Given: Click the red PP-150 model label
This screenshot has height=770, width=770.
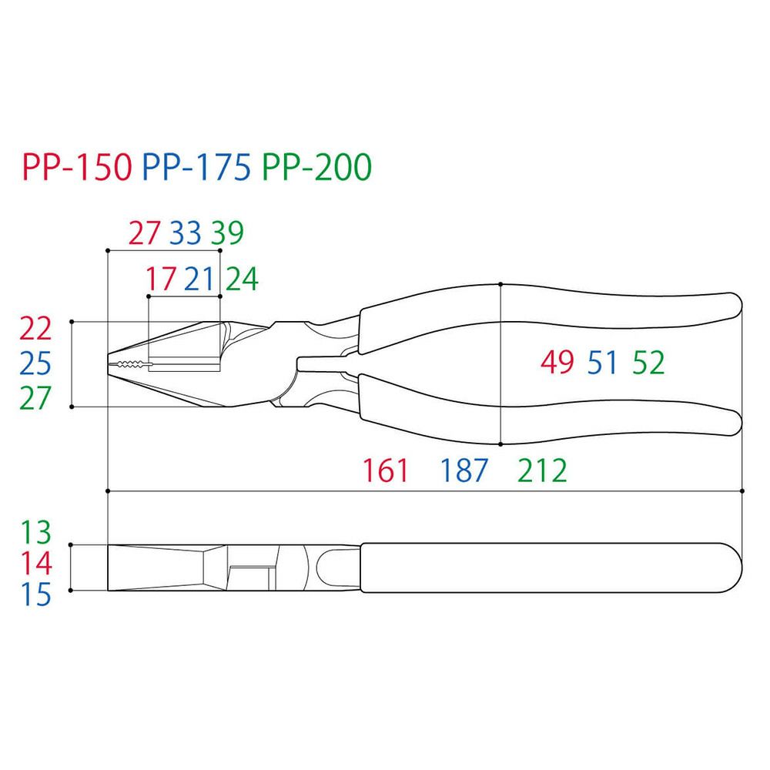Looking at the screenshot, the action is pyautogui.click(x=77, y=167).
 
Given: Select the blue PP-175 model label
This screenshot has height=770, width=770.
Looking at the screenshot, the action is pyautogui.click(x=196, y=167).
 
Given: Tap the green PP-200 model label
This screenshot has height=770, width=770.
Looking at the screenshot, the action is pyautogui.click(x=316, y=167).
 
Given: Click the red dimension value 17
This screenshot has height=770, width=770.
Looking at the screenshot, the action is pyautogui.click(x=161, y=279).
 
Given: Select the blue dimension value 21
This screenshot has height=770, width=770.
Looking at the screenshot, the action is pyautogui.click(x=199, y=279).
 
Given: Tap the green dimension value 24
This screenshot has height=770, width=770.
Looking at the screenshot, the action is pyautogui.click(x=242, y=279).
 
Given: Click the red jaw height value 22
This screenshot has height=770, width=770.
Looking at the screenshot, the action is pyautogui.click(x=35, y=329).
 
